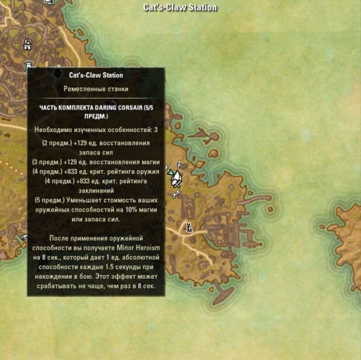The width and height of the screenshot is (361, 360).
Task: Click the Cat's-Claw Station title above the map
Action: (x=180, y=8)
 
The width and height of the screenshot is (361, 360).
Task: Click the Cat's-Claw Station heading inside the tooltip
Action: (x=96, y=75)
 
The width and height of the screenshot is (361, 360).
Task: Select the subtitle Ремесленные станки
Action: (x=96, y=88)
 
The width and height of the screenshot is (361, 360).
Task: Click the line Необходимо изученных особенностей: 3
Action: (x=96, y=129)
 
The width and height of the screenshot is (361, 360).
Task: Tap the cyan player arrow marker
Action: (x=171, y=173)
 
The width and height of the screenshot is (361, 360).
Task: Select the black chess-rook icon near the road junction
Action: (x=189, y=227)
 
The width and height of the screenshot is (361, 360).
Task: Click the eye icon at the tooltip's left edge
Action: (x=25, y=238)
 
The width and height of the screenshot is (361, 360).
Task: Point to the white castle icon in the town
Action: (x=26, y=44)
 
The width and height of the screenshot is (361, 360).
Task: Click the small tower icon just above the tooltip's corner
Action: (x=27, y=66)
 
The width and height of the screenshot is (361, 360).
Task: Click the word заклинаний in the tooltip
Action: (x=96, y=191)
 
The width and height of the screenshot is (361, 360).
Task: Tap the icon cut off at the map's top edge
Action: (x=50, y=2)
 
